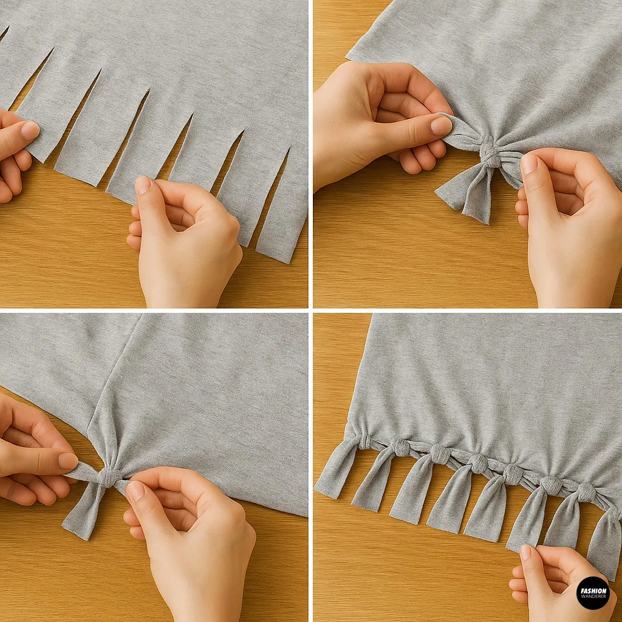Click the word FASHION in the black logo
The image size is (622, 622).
pos(592,590)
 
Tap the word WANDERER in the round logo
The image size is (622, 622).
pos(592,596)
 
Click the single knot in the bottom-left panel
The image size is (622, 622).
pos(109,477)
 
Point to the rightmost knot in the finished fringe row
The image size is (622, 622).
pos(586,492)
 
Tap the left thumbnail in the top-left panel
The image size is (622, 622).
pos(29,129)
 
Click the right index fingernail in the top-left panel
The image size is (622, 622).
pos(143,185)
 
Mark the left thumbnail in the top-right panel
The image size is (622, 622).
pos(442,126)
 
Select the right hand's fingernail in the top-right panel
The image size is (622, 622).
pos(529,163)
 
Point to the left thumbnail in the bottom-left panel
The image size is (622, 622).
pos(68,460)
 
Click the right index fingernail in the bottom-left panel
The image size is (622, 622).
pos(135,490)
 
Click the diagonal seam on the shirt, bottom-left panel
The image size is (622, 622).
pos(115,389)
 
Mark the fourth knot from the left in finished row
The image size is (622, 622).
pos(477,464)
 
